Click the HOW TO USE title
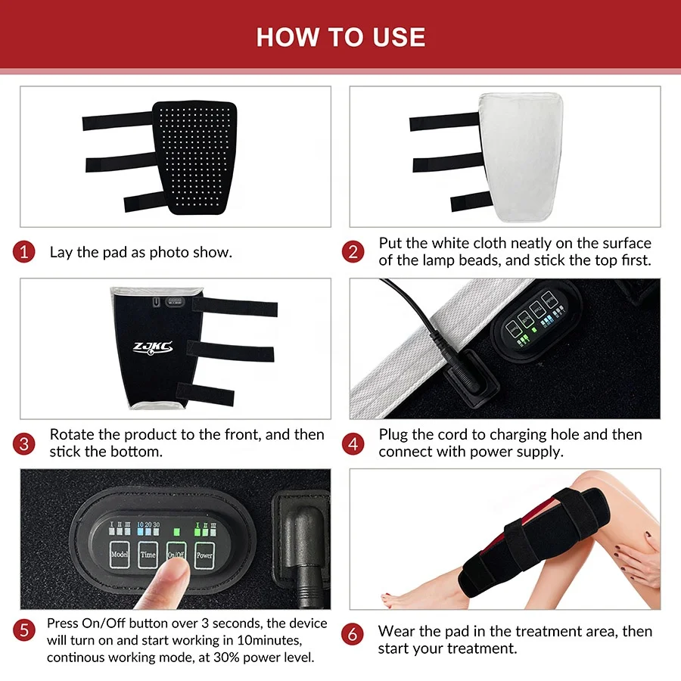(340, 36)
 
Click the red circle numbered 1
(24, 252)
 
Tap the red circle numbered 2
(353, 252)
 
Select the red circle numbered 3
(24, 443)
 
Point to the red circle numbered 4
(353, 443)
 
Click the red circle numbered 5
(24, 630)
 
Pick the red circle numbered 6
(353, 634)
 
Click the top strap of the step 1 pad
(117, 120)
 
